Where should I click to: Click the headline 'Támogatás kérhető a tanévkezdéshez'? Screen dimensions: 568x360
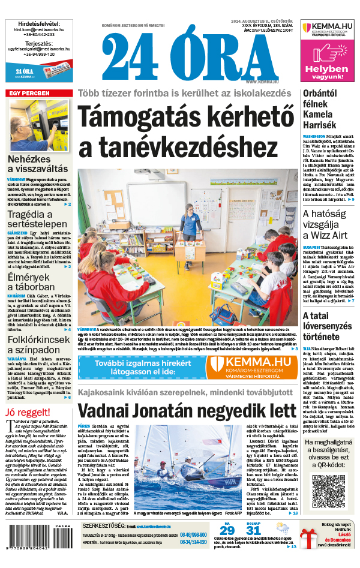188,129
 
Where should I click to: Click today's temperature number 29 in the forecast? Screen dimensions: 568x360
227,530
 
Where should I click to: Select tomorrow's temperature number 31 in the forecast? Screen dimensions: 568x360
254,530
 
